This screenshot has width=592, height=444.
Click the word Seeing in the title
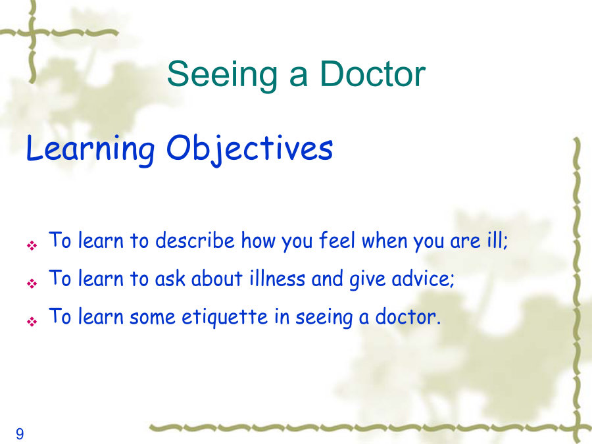tap(222, 75)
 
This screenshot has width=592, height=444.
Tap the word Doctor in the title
tap(373, 73)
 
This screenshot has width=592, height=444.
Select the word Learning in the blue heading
tap(91, 149)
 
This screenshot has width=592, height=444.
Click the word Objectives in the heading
tap(249, 149)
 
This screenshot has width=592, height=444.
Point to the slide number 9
tap(20, 434)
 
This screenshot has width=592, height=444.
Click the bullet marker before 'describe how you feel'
tap(32, 246)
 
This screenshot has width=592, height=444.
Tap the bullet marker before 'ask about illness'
tap(32, 284)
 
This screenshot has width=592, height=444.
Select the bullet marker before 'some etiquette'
tap(32, 322)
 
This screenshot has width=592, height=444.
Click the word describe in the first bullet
tap(195, 240)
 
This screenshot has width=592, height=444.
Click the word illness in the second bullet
tap(277, 279)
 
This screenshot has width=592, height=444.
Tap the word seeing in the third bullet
tap(324, 318)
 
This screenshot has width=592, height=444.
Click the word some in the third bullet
tap(152, 318)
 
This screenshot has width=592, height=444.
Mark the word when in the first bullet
tap(384, 240)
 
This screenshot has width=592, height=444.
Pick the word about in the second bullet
tap(216, 279)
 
